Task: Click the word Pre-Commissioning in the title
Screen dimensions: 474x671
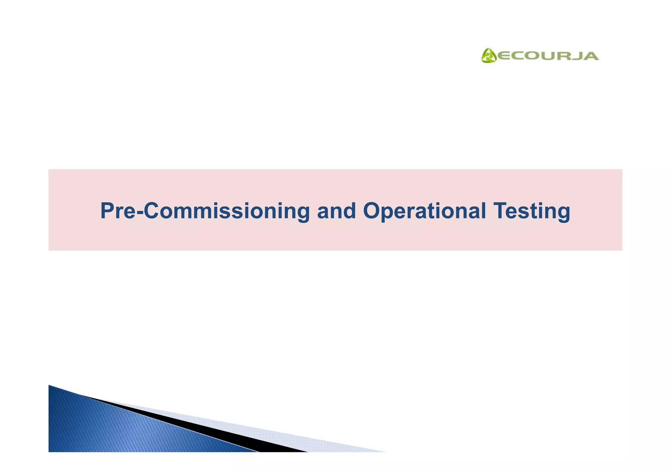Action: point(205,211)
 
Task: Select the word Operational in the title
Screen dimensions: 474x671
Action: point(424,211)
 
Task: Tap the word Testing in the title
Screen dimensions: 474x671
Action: point(531,211)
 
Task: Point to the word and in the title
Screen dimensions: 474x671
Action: point(336,211)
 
